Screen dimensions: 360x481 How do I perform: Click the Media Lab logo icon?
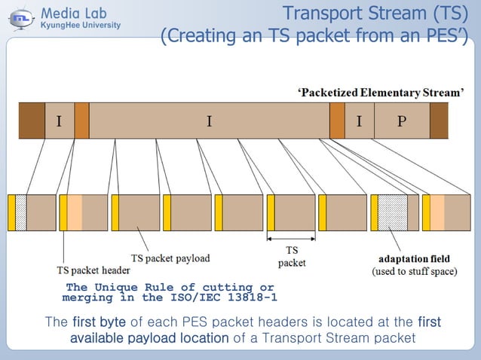(x=20, y=17)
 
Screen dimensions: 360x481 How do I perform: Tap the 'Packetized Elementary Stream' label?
(x=380, y=93)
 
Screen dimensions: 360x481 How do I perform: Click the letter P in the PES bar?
(x=401, y=121)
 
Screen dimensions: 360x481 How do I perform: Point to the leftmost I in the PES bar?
(x=59, y=121)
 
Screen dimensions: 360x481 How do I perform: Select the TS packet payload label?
(x=170, y=258)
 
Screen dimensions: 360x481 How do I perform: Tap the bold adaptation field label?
(x=414, y=259)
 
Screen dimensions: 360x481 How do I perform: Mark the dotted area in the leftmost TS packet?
(x=21, y=212)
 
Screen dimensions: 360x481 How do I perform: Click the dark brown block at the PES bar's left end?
(x=32, y=121)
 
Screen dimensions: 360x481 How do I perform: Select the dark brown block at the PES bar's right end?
(x=439, y=121)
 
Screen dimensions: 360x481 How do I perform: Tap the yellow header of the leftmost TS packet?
(x=11, y=212)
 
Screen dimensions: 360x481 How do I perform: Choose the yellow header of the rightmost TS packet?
(x=426, y=212)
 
